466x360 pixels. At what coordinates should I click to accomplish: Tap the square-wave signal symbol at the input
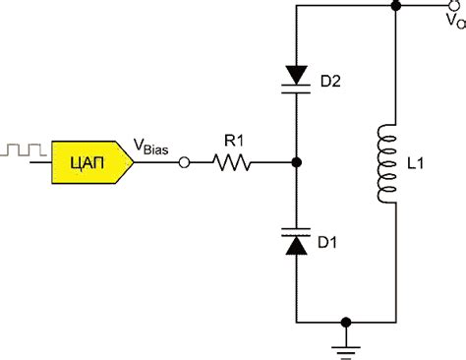click(23, 150)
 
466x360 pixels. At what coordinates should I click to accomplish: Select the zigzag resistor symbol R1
click(232, 162)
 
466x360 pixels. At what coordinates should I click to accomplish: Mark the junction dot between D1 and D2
click(297, 162)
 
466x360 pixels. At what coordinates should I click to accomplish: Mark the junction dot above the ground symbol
click(345, 322)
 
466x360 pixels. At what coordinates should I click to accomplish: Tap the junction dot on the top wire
click(393, 7)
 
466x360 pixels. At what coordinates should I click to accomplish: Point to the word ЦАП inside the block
click(87, 161)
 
